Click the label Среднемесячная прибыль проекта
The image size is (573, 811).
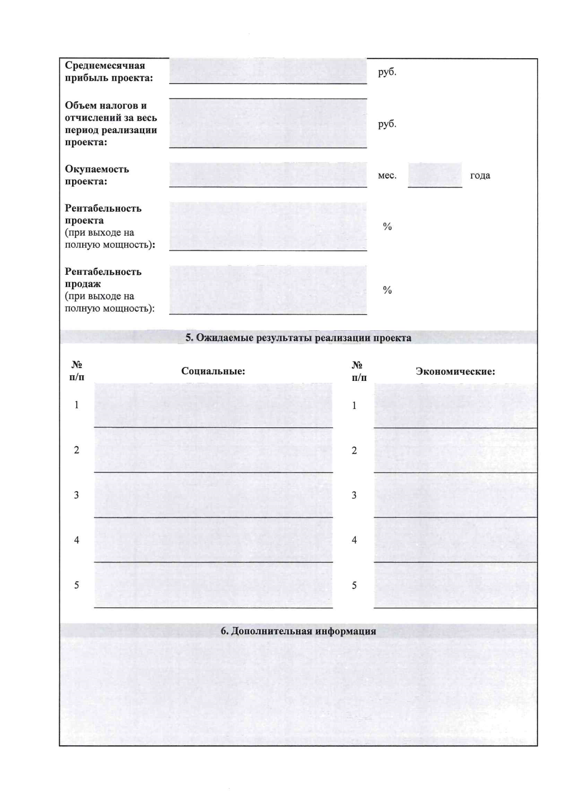pyautogui.click(x=109, y=72)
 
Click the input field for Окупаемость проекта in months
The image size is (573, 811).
pyautogui.click(x=268, y=174)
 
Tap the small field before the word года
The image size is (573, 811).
pyautogui.click(x=435, y=174)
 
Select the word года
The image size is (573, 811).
pyautogui.click(x=480, y=175)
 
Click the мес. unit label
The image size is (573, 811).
pyautogui.click(x=387, y=175)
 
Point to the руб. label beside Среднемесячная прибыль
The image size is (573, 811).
pyautogui.click(x=387, y=72)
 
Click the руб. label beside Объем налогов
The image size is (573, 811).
pyautogui.click(x=387, y=124)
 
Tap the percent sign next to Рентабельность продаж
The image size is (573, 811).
pyautogui.click(x=387, y=290)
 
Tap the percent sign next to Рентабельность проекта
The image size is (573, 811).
pyautogui.click(x=387, y=227)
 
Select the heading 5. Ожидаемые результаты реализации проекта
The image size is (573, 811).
pyautogui.click(x=298, y=338)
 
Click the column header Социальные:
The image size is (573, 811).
pyautogui.click(x=213, y=371)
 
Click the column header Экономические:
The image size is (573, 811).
pyautogui.click(x=455, y=371)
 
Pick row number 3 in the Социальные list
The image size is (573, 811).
pyautogui.click(x=76, y=495)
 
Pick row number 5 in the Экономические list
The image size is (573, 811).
pyautogui.click(x=354, y=585)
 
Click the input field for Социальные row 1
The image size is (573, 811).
pyautogui.click(x=213, y=405)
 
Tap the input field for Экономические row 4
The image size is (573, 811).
pyautogui.click(x=455, y=540)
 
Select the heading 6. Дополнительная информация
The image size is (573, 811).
pyautogui.click(x=298, y=631)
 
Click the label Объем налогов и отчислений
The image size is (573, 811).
pyautogui.click(x=111, y=124)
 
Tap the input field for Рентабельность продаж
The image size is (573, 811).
pyautogui.click(x=268, y=290)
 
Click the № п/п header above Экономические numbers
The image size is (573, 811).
pyautogui.click(x=359, y=371)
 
